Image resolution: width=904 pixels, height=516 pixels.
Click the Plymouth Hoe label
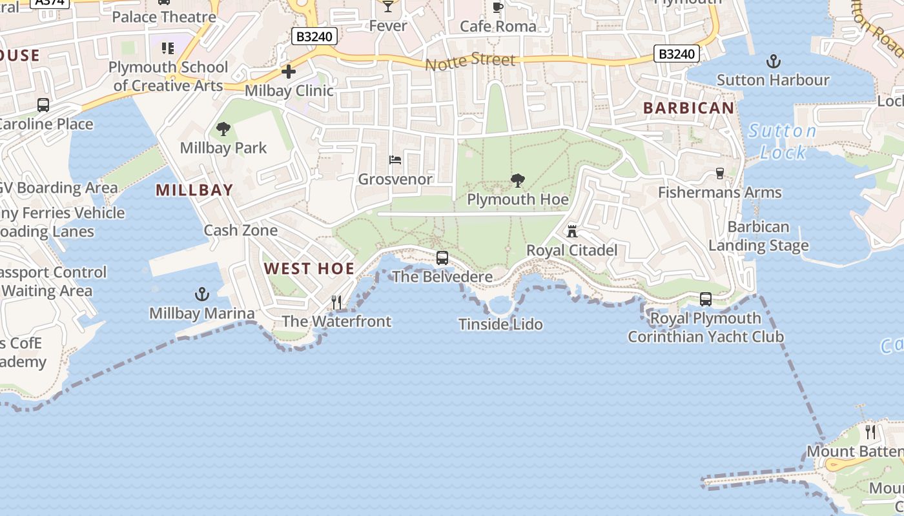[518, 200]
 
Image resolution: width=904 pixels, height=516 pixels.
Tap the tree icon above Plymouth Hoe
[517, 181]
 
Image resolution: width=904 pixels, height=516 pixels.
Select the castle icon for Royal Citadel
[571, 231]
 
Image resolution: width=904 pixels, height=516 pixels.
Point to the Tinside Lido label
[500, 324]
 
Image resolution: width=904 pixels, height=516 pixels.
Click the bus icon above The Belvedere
[442, 258]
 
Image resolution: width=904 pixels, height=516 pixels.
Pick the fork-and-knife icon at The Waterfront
[336, 302]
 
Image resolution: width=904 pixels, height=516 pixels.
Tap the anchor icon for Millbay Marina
[202, 295]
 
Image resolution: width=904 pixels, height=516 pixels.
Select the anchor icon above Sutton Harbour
[773, 62]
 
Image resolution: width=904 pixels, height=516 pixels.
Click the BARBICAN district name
[689, 108]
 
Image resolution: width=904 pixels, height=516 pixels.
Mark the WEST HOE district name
[309, 269]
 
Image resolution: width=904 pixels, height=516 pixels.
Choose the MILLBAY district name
[194, 190]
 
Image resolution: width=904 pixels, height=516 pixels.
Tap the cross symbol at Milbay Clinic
[289, 72]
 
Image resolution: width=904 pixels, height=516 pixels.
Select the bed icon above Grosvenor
[395, 160]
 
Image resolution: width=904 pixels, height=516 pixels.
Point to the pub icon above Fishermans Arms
[720, 173]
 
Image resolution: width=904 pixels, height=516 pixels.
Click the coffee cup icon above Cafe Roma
[498, 7]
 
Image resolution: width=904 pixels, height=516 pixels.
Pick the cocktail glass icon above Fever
[387, 6]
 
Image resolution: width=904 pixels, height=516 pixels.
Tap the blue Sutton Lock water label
[783, 142]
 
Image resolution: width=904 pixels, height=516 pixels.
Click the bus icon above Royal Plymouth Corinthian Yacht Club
[706, 299]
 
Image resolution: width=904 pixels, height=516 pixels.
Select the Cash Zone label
[241, 230]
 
